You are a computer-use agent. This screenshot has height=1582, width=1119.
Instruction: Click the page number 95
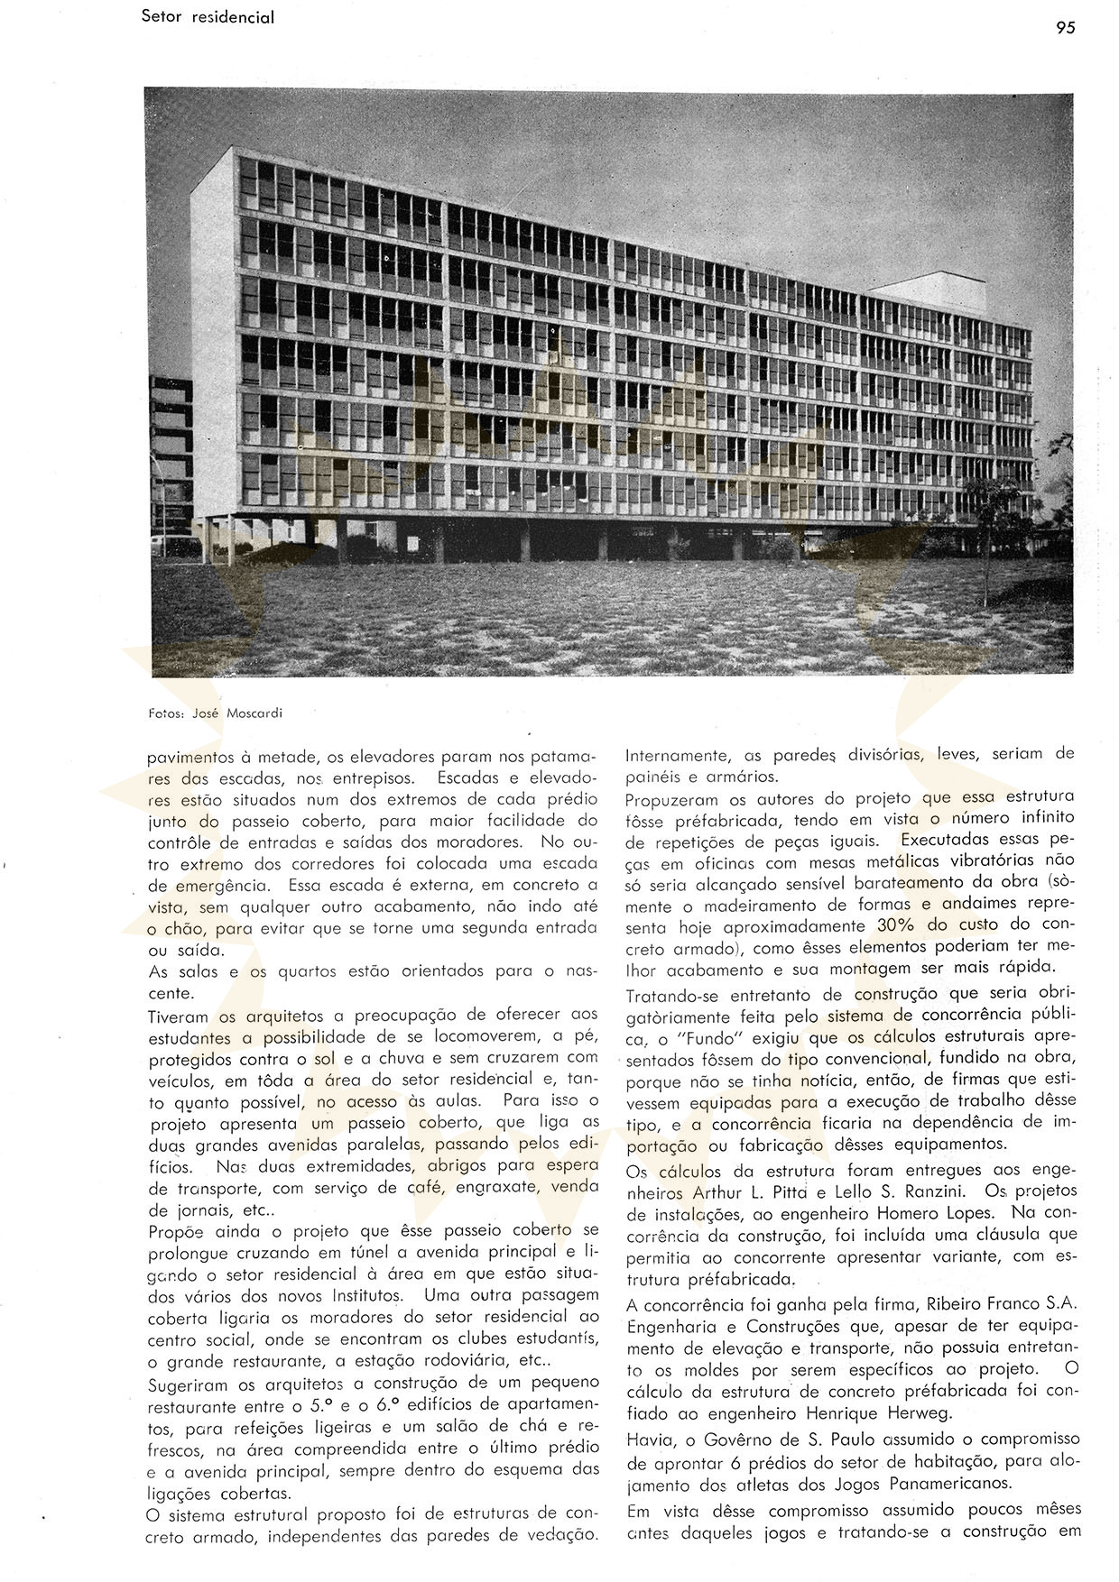[1065, 28]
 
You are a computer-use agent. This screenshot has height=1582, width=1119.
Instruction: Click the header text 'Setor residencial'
[208, 17]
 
